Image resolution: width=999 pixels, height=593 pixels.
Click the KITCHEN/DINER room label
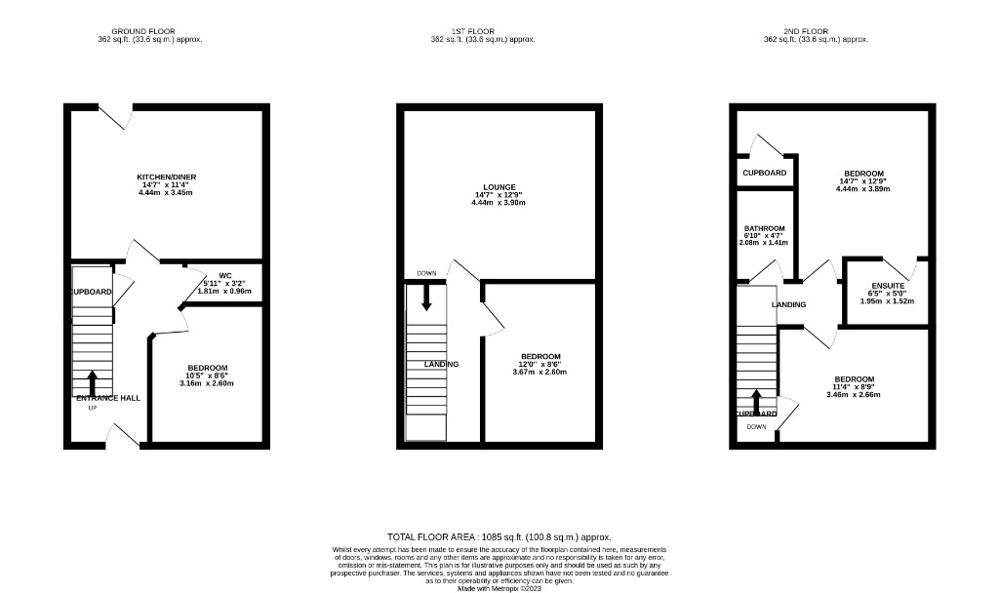click(x=166, y=177)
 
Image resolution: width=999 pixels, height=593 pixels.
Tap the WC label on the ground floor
click(x=197, y=275)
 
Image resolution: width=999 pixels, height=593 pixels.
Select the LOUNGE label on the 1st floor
click(x=499, y=187)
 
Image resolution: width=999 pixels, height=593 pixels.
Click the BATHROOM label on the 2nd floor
click(x=764, y=228)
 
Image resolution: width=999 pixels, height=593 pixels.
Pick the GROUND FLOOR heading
click(x=149, y=31)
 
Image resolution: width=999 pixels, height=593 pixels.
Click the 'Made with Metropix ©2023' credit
click(x=499, y=588)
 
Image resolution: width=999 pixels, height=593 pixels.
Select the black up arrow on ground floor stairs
click(x=93, y=381)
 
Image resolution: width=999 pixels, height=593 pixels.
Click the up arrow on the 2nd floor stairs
click(x=756, y=402)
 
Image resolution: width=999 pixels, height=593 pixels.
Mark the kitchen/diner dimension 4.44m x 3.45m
click(x=166, y=192)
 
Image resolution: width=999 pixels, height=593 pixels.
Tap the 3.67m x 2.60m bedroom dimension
click(x=539, y=372)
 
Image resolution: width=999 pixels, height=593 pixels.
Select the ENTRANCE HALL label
click(x=108, y=398)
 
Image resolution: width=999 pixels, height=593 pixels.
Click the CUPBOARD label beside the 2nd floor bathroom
click(x=764, y=173)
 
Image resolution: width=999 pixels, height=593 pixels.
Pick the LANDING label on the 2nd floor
click(x=788, y=304)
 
